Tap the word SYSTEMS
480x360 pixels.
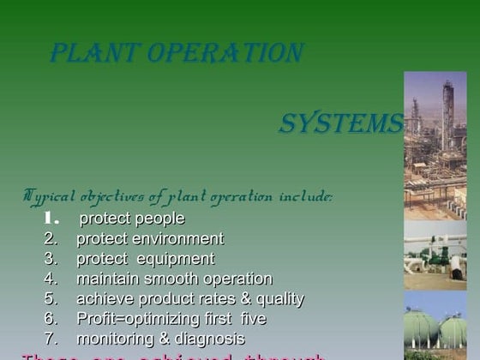click(340, 124)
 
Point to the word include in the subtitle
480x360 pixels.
click(302, 196)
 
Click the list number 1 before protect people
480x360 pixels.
click(51, 219)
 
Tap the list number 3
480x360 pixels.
click(51, 259)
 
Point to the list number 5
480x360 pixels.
click(51, 299)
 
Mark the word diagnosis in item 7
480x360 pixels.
click(211, 339)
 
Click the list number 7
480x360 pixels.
click(51, 339)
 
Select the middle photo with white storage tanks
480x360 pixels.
click(435, 254)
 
